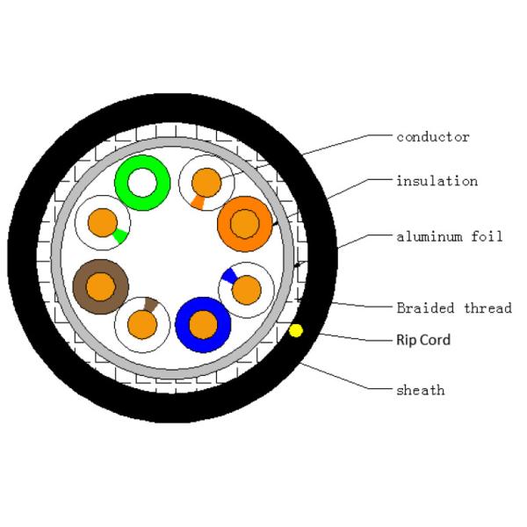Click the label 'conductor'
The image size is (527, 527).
pos(432,137)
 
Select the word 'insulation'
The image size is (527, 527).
pos(437,181)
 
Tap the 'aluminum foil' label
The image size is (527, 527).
pos(449,236)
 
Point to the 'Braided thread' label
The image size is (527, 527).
pos(453,307)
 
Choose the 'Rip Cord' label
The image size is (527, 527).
pos(423,339)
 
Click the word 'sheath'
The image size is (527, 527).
pos(420,389)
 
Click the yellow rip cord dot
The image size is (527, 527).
pos(296,330)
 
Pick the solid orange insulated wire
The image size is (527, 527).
pos(245,224)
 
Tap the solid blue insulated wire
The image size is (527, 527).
pos(203,324)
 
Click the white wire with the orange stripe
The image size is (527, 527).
pos(207,184)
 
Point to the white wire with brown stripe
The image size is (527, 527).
pos(142,324)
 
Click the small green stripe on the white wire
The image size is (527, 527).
pos(119,235)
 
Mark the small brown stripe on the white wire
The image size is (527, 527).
pos(150,305)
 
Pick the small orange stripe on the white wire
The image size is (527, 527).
pos(199,202)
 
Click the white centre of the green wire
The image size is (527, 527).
pos(142,183)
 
